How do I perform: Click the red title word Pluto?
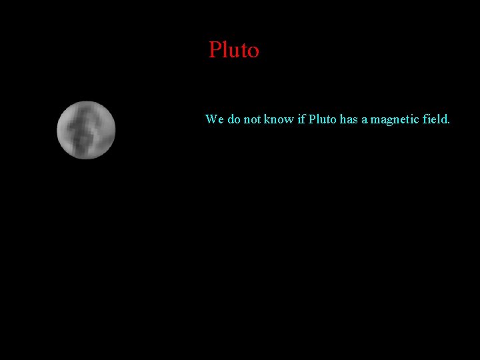233,50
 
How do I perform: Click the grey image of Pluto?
86,130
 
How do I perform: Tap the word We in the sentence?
214,119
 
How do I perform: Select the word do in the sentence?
234,119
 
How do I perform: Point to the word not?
252,119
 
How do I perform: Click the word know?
279,119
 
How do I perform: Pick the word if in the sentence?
301,119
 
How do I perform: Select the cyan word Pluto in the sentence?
322,119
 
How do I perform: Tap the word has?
349,119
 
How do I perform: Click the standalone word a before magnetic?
365,120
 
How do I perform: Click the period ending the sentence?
449,123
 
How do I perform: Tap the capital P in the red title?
215,50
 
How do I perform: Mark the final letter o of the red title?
253,52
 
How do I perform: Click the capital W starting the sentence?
211,119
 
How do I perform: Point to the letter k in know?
267,119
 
